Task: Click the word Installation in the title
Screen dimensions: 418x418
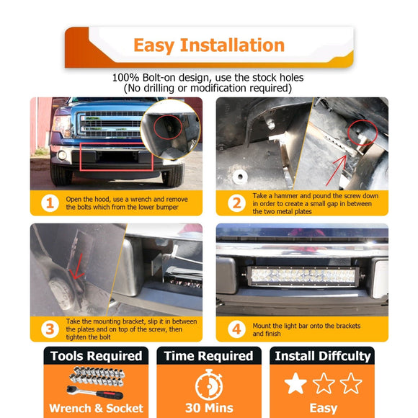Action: [233, 45]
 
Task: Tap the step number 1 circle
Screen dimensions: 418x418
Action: [50, 203]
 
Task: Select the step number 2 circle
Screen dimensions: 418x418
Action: [236, 203]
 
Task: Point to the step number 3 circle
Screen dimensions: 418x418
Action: [50, 329]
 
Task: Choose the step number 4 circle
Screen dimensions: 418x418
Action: [236, 329]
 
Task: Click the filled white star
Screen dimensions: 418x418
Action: [295, 383]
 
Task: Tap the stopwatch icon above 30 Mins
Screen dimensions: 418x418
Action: [209, 385]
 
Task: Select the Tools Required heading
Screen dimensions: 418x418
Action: [97, 356]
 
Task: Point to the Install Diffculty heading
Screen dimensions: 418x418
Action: [323, 356]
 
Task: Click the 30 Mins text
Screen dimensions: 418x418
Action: [209, 408]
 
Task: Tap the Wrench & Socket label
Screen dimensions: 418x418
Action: [97, 409]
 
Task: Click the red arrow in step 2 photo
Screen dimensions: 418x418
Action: [337, 170]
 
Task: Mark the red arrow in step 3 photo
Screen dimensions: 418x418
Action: [77, 267]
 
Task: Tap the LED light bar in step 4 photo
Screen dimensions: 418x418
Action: [303, 276]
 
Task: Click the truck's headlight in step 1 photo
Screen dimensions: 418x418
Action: [62, 125]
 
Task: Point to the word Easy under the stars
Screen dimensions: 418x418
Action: [323, 408]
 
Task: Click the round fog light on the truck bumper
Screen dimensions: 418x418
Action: [62, 155]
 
